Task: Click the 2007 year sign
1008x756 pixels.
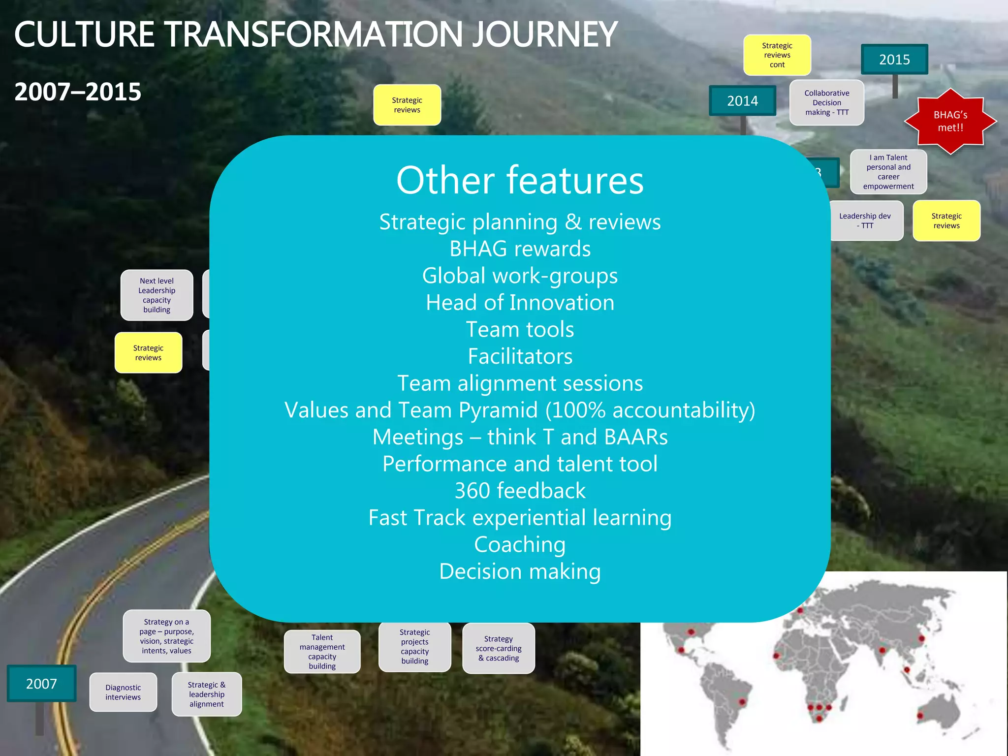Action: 41,683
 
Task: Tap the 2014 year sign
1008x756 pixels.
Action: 742,101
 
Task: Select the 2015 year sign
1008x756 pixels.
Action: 894,60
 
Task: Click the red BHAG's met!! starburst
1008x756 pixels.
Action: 950,121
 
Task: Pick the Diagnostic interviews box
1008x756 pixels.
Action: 123,692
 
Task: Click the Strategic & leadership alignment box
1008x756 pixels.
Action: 207,694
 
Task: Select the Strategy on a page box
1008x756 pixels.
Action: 166,636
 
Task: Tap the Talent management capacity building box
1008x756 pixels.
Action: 322,651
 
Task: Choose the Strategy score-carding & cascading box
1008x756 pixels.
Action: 498,648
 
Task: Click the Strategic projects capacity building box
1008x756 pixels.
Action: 414,646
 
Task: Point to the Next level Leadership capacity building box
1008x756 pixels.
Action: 157,295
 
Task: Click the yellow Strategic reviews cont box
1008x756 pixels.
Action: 777,55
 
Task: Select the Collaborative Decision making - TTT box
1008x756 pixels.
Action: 826,102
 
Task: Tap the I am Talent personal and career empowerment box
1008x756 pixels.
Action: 888,172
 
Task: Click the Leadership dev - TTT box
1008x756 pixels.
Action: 865,220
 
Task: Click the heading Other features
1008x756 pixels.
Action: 520,180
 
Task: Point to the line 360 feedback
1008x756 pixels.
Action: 520,491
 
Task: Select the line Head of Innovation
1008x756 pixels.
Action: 520,302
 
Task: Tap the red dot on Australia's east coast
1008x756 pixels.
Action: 919,715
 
